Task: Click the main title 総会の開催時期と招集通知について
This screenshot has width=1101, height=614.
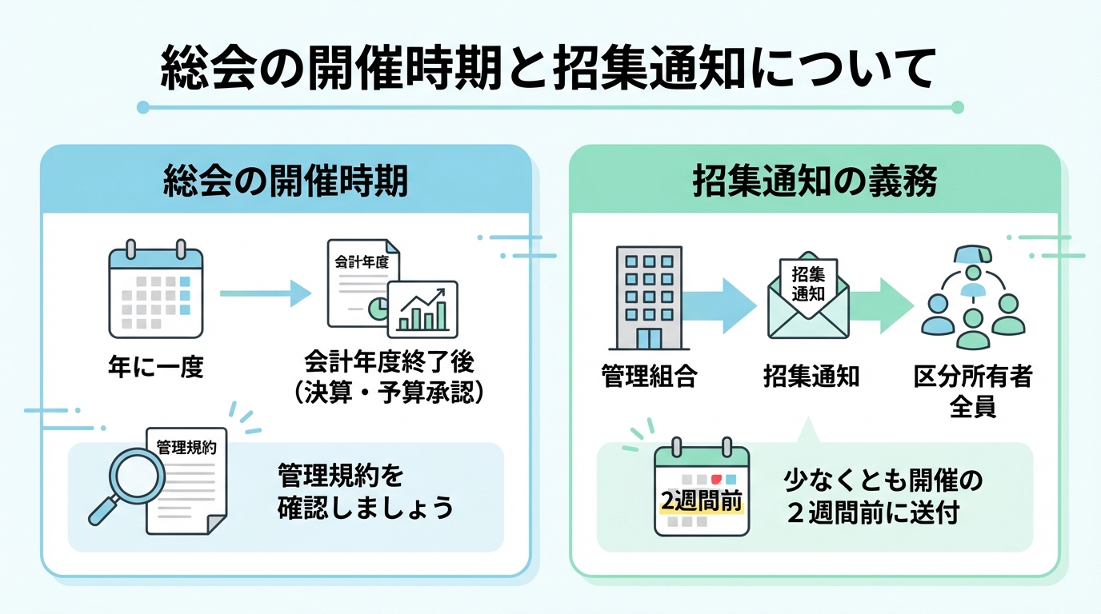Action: [x=549, y=70]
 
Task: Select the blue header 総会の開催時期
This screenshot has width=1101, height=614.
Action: [x=286, y=181]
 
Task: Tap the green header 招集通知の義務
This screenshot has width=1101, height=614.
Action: [x=815, y=181]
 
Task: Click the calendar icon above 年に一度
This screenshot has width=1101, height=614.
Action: [x=155, y=292]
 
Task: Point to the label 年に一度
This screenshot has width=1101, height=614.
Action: [x=156, y=367]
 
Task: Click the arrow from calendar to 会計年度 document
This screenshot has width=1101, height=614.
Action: [x=264, y=293]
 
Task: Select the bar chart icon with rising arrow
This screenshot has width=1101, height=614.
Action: [x=422, y=309]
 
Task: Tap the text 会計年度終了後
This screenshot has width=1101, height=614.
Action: [x=389, y=362]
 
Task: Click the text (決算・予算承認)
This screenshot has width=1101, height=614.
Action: [x=389, y=393]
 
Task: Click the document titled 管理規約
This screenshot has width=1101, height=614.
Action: [x=186, y=480]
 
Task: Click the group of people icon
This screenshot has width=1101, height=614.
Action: [x=972, y=300]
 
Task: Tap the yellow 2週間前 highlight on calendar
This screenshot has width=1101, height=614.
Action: [x=701, y=501]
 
